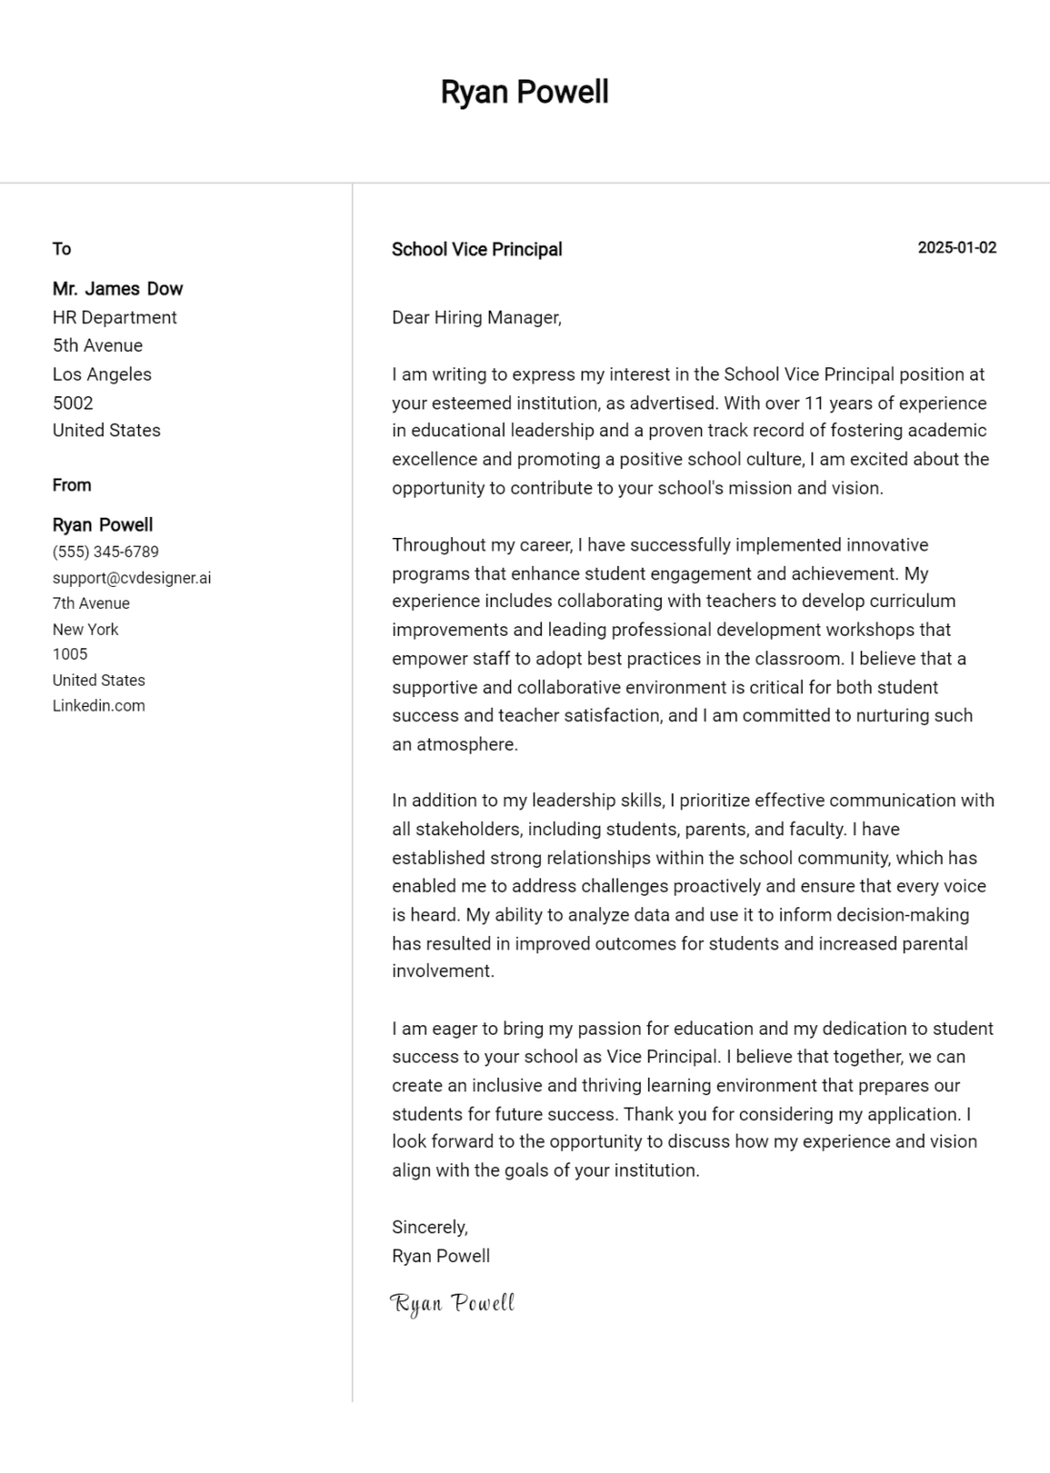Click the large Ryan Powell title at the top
pyautogui.click(x=525, y=92)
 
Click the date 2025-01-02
pyautogui.click(x=956, y=247)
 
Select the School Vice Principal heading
pyautogui.click(x=477, y=249)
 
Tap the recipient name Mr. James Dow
pyautogui.click(x=117, y=289)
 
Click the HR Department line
pyautogui.click(x=114, y=317)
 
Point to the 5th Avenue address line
pyautogui.click(x=97, y=345)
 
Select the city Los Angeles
pyautogui.click(x=102, y=374)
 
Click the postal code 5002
pyautogui.click(x=73, y=403)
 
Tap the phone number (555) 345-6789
pyautogui.click(x=105, y=551)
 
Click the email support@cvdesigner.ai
pyautogui.click(x=131, y=578)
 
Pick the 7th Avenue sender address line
pyautogui.click(x=91, y=603)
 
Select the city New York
pyautogui.click(x=85, y=629)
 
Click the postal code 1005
pyautogui.click(x=70, y=654)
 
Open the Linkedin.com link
pyautogui.click(x=99, y=706)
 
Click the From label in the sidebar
pyautogui.click(x=72, y=485)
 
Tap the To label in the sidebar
pyautogui.click(x=61, y=249)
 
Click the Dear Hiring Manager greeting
pyautogui.click(x=477, y=317)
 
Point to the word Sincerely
pyautogui.click(x=430, y=1227)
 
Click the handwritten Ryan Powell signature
pyautogui.click(x=453, y=1303)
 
